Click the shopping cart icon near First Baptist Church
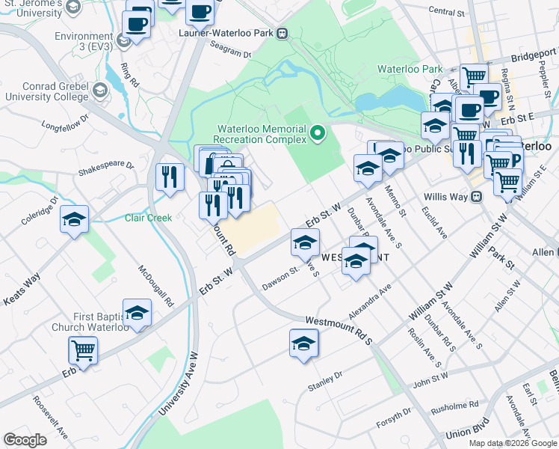pyautogui.click(x=83, y=349)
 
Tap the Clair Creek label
pyautogui.click(x=148, y=218)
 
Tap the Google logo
pyautogui.click(x=25, y=439)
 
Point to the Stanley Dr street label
pyautogui.click(x=324, y=381)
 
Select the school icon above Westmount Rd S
pyautogui.click(x=303, y=344)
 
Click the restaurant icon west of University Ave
pyautogui.click(x=170, y=177)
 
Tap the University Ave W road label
pyautogui.click(x=176, y=382)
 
